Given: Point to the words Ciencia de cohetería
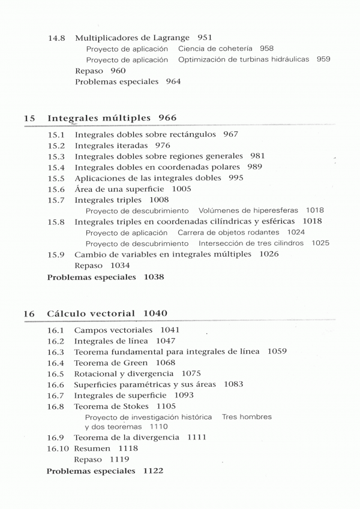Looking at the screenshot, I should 215,49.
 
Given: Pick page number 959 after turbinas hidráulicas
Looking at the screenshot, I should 323,59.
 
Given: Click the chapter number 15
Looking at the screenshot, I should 29,118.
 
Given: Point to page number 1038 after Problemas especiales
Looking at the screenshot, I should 150,277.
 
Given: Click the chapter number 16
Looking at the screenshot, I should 29,314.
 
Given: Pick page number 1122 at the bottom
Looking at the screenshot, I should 154,471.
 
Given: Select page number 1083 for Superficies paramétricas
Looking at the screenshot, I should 233,384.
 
